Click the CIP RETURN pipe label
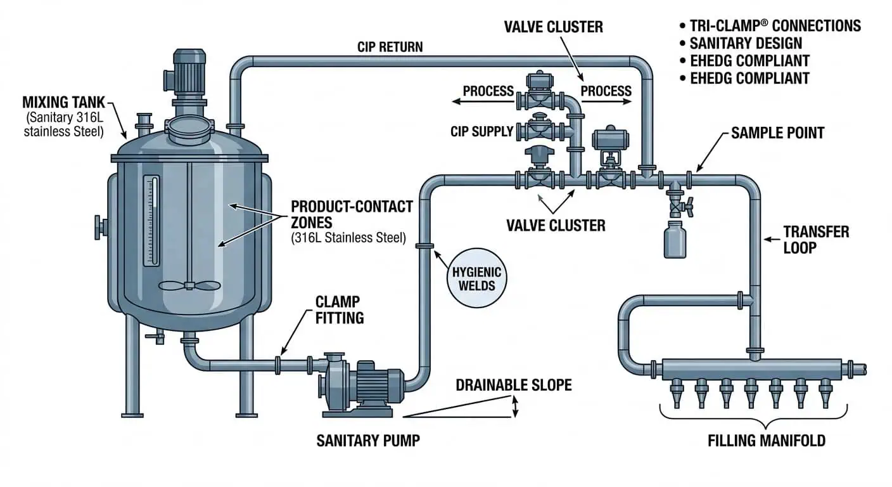(x=390, y=47)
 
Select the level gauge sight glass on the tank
(x=152, y=221)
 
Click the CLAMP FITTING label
(x=339, y=309)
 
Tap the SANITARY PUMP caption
(x=368, y=440)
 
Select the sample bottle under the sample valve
(x=675, y=239)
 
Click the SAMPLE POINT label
(x=777, y=133)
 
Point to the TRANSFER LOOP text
(x=816, y=239)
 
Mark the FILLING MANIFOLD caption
(x=766, y=440)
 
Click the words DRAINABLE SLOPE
(x=513, y=385)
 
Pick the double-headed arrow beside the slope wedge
(x=515, y=406)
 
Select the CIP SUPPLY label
(x=481, y=132)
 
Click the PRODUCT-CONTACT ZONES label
(x=352, y=215)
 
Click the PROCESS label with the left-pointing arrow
(x=488, y=91)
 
